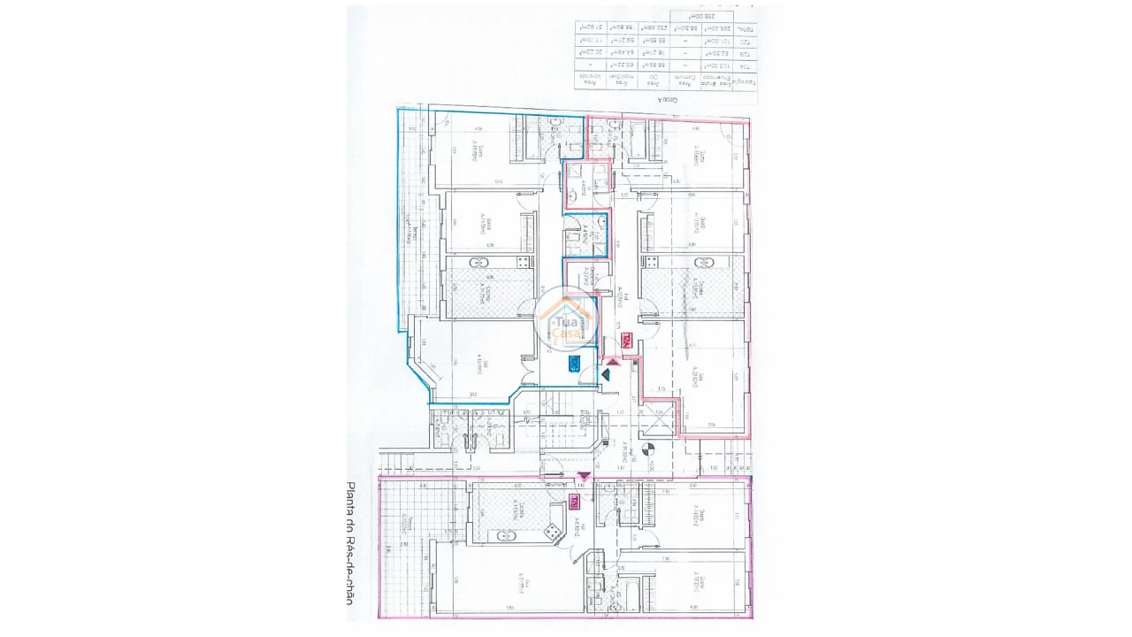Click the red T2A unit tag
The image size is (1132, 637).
click(x=626, y=340)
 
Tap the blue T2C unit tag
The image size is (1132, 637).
click(x=574, y=362)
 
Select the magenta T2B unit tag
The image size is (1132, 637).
click(x=575, y=502)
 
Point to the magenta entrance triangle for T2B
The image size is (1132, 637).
click(x=583, y=477)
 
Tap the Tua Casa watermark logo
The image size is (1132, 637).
click(x=567, y=318)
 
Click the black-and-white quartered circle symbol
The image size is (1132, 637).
click(x=648, y=449)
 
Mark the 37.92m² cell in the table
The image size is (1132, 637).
click(x=591, y=29)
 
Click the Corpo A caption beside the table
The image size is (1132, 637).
click(x=669, y=101)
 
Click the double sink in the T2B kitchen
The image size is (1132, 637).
click(x=505, y=535)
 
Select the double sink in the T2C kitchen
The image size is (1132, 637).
click(x=478, y=262)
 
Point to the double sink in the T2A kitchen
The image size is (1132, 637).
click(x=705, y=262)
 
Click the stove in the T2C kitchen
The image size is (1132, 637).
click(x=523, y=262)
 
